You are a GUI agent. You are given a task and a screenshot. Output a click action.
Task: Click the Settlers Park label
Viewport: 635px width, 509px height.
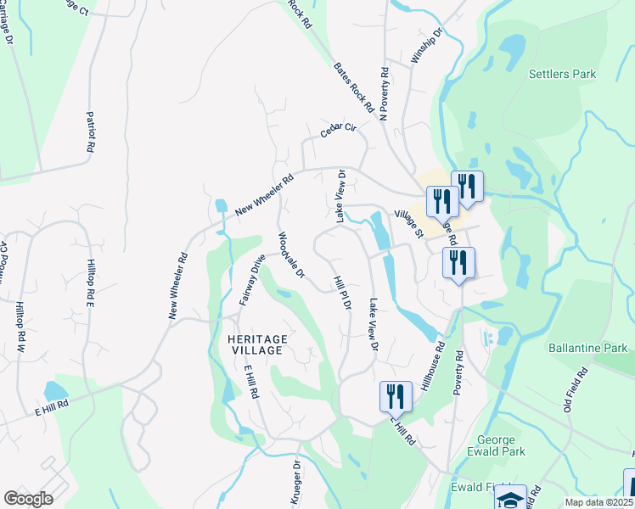point(562,74)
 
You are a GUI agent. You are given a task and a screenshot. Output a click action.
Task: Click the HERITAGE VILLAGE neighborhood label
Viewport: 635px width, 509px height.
point(258,346)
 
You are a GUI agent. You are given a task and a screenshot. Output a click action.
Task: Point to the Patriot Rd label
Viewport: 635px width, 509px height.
point(90,131)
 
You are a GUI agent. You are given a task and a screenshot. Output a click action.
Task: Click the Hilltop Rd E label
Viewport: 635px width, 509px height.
point(89,282)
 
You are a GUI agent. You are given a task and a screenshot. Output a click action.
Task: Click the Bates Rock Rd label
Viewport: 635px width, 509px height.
point(353,87)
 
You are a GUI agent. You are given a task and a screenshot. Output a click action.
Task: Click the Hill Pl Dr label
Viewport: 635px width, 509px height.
point(342,293)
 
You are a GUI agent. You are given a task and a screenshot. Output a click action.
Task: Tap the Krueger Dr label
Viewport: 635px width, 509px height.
point(296,484)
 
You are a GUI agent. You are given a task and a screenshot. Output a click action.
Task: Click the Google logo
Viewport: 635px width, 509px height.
point(28,499)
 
